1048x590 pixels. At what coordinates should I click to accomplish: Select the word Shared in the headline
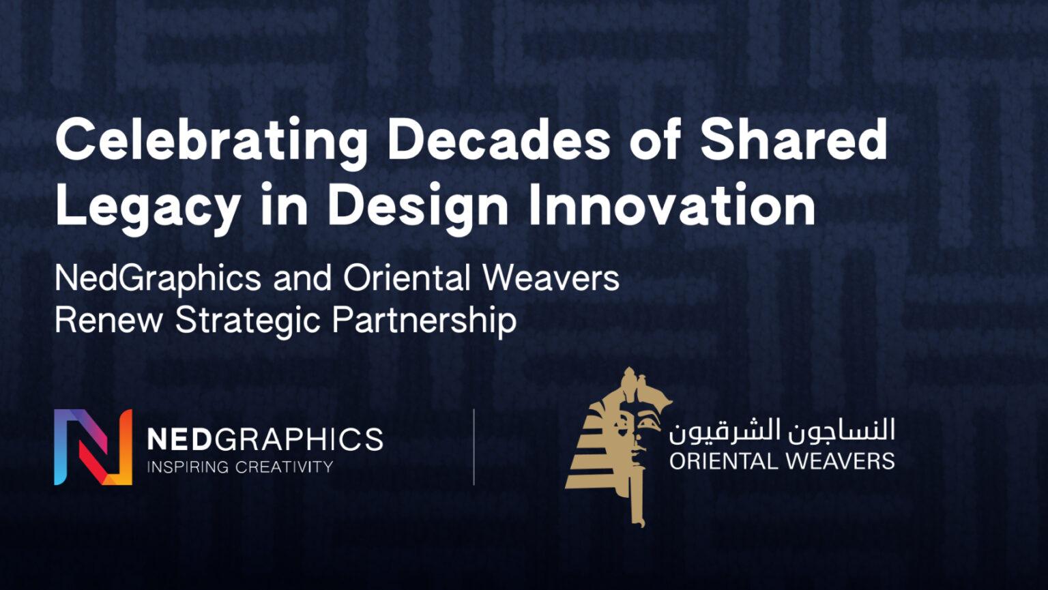(x=794, y=139)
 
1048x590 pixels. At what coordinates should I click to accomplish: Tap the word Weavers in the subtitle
(x=551, y=278)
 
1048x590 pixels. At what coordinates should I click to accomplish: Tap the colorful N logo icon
(x=93, y=447)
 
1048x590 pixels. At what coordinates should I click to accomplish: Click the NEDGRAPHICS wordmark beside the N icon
(x=265, y=439)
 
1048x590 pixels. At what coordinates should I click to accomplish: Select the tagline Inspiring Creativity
(x=240, y=467)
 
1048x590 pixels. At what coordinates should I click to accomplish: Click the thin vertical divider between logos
(x=474, y=447)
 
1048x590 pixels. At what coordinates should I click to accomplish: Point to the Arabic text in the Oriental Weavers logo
(x=782, y=431)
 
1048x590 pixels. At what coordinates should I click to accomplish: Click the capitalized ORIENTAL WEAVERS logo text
(x=782, y=461)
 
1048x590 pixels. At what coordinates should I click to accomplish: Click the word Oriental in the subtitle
(x=407, y=278)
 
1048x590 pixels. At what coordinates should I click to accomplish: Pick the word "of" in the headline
(x=654, y=139)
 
